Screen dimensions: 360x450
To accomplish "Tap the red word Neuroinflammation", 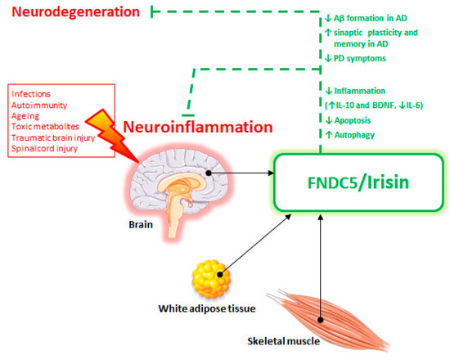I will point(197,127).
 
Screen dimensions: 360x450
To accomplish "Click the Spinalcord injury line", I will point(43,150).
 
